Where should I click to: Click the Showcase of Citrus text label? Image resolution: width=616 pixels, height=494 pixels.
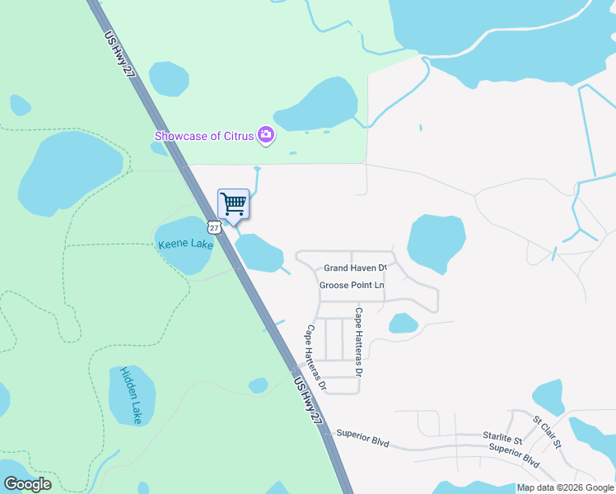204,135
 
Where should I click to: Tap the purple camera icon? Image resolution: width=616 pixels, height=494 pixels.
265,134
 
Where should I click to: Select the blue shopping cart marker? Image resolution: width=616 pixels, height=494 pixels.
233,203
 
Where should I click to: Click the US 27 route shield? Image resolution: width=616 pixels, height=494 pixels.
214,227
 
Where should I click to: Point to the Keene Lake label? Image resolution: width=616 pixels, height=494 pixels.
184,245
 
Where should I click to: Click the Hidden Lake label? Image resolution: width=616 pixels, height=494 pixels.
132,396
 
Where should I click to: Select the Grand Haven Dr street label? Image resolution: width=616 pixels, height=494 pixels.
355,268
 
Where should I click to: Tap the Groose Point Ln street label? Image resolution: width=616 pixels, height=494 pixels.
352,286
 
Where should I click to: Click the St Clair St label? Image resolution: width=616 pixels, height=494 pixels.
547,432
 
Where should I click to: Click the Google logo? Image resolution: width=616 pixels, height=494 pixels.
28,484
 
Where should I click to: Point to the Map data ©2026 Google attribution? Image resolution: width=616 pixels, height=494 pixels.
564,487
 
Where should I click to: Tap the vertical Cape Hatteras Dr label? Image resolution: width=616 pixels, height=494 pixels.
359,342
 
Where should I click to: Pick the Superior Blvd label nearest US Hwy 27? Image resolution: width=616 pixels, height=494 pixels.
362,437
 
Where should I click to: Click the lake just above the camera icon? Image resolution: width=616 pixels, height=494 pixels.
317,104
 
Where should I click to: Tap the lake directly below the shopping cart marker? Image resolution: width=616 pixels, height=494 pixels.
259,252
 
